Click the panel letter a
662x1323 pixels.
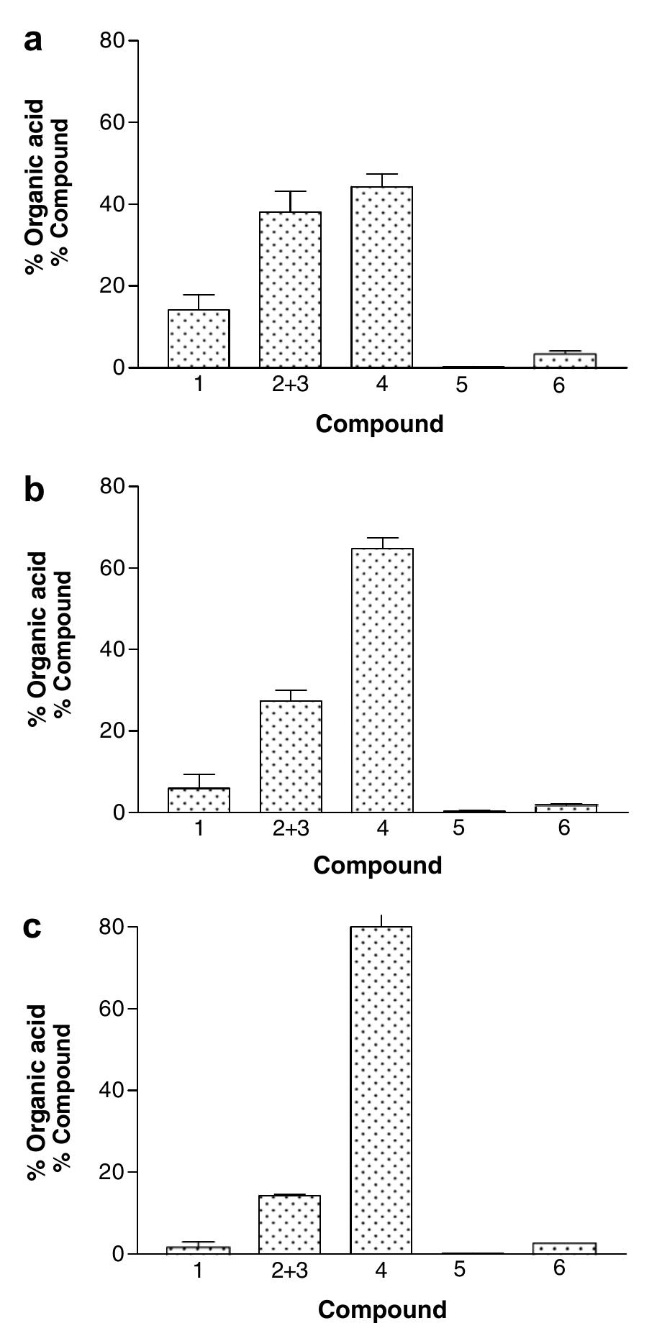[x=33, y=41]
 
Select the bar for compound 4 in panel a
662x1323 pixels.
[x=381, y=277]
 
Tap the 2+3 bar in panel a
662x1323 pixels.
[x=290, y=290]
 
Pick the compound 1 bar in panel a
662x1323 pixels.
[x=199, y=339]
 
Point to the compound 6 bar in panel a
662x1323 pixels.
[x=565, y=360]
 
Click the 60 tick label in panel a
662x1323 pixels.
[x=112, y=123]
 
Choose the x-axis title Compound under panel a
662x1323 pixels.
[x=379, y=424]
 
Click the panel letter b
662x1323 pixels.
[x=34, y=490]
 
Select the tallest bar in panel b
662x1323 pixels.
[x=382, y=680]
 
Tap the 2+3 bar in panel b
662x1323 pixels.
[x=291, y=756]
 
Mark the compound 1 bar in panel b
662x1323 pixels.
[x=199, y=800]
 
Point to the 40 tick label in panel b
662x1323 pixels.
[x=112, y=650]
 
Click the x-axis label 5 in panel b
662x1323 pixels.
[x=459, y=829]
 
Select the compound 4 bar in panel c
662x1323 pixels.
[x=381, y=1090]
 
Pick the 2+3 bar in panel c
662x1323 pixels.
[x=289, y=1224]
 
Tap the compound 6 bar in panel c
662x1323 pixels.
[x=565, y=1248]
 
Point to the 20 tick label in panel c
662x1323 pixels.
[x=112, y=1173]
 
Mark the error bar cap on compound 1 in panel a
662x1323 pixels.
[x=199, y=295]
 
